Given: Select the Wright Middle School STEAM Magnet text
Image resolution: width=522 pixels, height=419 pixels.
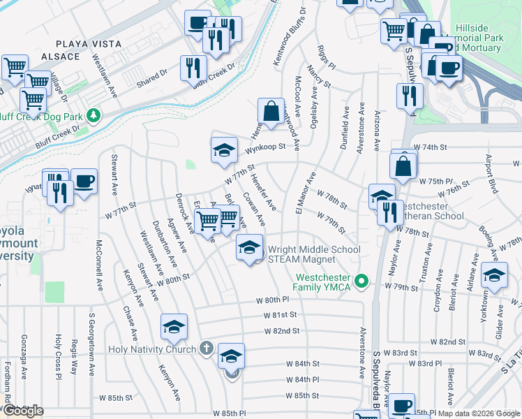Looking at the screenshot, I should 314,254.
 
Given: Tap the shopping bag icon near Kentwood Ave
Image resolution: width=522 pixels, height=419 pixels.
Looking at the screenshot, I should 270,110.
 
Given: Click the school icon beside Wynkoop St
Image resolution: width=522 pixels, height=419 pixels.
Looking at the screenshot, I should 223,149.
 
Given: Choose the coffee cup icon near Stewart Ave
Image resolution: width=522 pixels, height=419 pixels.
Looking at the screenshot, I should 84,182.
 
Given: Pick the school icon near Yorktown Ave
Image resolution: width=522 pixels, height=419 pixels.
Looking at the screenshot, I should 494,276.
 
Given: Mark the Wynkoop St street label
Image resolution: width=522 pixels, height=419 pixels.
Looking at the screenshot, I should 266,147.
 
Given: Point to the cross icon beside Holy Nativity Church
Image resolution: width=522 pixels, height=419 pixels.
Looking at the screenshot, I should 205,347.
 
